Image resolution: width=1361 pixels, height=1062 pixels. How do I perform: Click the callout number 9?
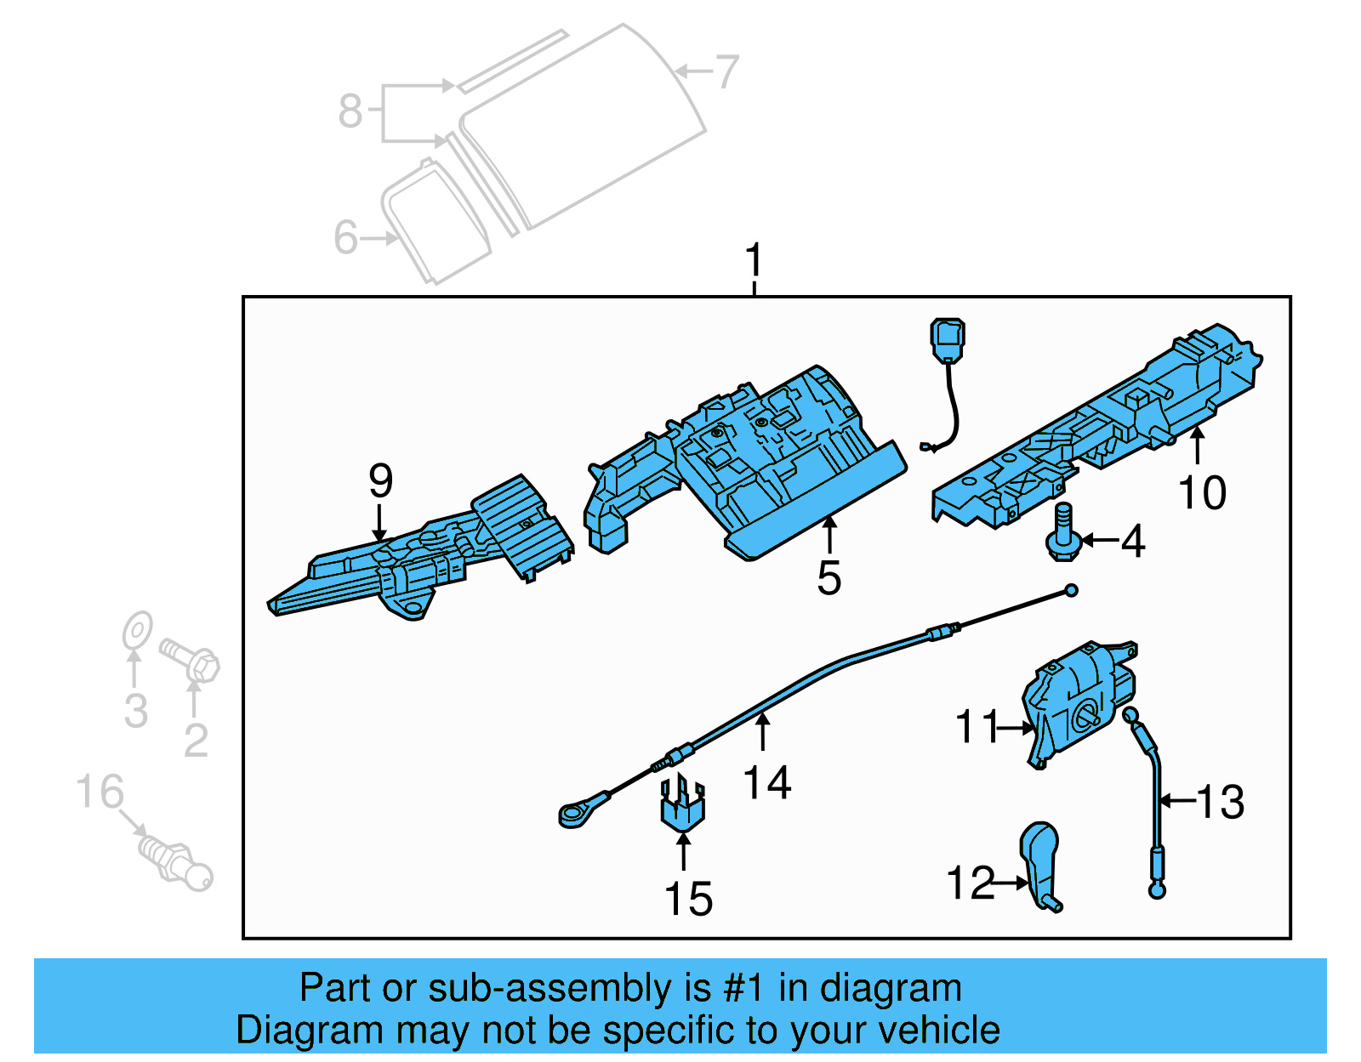(x=380, y=481)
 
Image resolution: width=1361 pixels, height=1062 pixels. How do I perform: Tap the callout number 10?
(x=1202, y=493)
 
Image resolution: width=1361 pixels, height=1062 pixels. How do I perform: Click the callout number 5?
(x=829, y=578)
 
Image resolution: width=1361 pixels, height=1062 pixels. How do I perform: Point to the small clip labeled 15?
(x=682, y=804)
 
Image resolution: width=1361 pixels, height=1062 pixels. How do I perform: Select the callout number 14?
(x=767, y=782)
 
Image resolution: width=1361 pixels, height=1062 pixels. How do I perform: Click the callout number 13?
(x=1221, y=802)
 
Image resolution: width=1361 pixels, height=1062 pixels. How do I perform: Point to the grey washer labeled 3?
(x=137, y=633)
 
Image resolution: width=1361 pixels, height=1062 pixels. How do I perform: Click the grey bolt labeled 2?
(x=191, y=661)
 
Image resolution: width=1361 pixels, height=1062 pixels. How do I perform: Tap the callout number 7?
(x=726, y=71)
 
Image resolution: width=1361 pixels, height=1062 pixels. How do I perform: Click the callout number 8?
(x=350, y=111)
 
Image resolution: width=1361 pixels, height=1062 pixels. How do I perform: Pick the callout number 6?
(x=346, y=237)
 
